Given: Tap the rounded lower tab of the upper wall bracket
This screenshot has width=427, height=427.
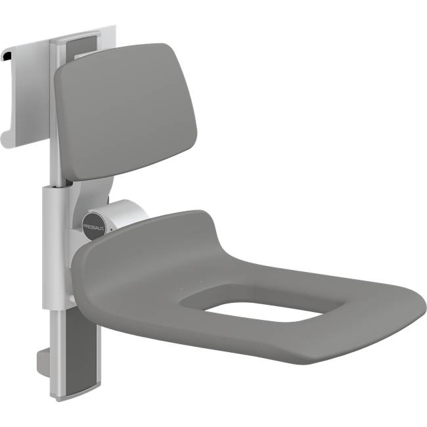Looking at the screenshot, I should click(6, 138).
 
